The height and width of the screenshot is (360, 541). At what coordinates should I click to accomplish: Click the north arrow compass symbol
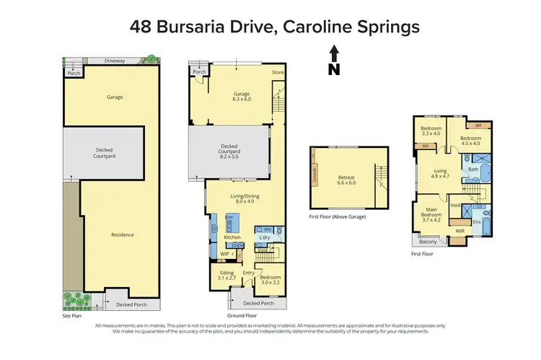point(334,59)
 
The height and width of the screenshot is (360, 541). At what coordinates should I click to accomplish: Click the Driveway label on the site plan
point(114,61)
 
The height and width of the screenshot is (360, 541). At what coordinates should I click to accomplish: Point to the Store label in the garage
point(278,73)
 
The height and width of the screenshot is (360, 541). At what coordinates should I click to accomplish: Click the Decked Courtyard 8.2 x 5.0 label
point(234,150)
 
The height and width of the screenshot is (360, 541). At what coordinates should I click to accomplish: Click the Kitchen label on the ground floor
point(232,237)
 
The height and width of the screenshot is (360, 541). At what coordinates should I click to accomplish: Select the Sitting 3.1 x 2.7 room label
point(227,276)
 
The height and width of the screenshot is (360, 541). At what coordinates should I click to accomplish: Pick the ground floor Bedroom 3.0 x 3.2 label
point(270,279)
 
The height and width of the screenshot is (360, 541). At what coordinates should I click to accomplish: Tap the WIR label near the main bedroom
point(459,231)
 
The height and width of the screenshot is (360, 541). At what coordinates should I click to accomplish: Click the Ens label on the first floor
point(477,222)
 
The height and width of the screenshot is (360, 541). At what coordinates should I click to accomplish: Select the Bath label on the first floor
point(473,170)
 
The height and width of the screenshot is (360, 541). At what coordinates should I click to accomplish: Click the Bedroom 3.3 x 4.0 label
point(431,131)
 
